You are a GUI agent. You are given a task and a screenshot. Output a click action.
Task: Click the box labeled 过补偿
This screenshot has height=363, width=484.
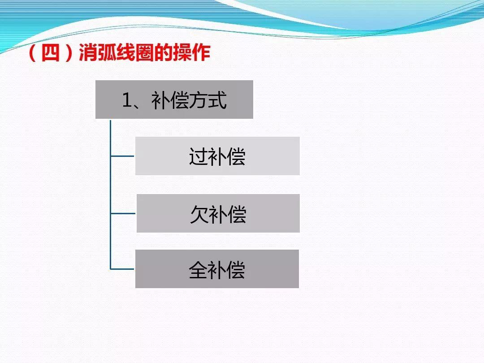(x=217, y=156)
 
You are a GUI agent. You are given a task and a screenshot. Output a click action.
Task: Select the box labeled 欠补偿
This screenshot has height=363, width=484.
(x=218, y=213)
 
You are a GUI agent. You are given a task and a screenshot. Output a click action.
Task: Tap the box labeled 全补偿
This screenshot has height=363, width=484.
(x=217, y=269)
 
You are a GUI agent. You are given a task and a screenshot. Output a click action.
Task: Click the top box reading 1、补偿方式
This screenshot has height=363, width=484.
(x=174, y=99)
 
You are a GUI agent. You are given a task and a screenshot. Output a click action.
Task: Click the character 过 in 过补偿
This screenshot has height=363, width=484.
(x=198, y=157)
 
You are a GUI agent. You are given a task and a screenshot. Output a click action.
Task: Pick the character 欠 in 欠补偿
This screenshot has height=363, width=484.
(x=199, y=214)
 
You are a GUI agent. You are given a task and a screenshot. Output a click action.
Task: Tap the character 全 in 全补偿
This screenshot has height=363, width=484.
(x=198, y=270)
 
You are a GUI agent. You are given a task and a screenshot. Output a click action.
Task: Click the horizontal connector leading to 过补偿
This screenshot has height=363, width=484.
(x=122, y=156)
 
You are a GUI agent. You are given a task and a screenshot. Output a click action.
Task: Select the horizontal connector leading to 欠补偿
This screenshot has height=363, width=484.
(x=123, y=213)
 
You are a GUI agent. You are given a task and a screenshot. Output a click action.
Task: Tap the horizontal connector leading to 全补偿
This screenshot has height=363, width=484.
(x=122, y=269)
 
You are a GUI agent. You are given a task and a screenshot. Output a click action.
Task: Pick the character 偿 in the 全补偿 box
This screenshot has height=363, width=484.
(x=236, y=270)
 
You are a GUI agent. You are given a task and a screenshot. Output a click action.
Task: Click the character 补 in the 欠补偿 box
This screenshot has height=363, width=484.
(x=218, y=214)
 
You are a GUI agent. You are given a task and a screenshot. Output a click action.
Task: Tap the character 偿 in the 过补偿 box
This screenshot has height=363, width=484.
(x=236, y=157)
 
